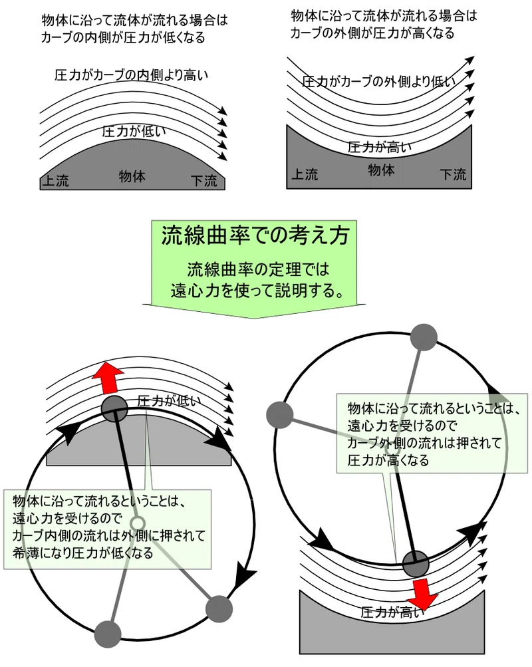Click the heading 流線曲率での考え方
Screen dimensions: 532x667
click(x=255, y=235)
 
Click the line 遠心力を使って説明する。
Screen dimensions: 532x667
click(x=257, y=291)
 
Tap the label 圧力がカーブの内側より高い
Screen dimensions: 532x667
click(x=132, y=75)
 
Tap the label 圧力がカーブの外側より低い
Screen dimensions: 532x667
click(x=378, y=81)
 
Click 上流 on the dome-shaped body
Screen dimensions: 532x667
click(x=55, y=180)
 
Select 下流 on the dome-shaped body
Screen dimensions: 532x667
click(x=204, y=180)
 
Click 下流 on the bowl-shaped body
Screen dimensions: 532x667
click(x=453, y=174)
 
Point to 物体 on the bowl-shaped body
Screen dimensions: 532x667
click(x=381, y=170)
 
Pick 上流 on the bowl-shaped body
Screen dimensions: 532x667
click(x=305, y=174)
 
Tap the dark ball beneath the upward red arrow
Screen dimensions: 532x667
click(x=114, y=408)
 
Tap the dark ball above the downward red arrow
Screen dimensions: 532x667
click(x=416, y=563)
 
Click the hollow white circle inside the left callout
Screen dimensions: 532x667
click(x=138, y=523)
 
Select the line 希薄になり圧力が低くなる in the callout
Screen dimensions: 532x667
click(x=83, y=553)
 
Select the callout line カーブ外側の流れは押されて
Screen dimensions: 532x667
click(x=424, y=443)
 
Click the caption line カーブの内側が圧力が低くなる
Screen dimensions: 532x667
click(x=123, y=37)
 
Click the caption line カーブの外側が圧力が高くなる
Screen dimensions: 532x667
click(x=372, y=33)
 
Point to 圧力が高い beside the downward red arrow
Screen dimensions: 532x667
click(x=392, y=612)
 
